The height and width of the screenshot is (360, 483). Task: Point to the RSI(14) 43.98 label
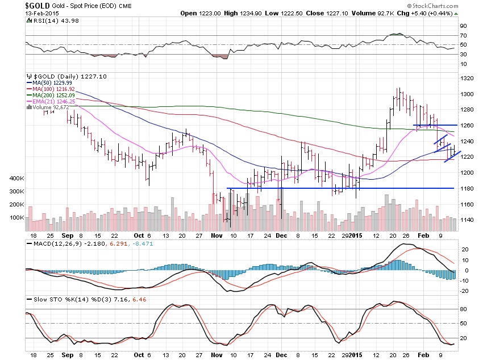coord(49,20)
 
